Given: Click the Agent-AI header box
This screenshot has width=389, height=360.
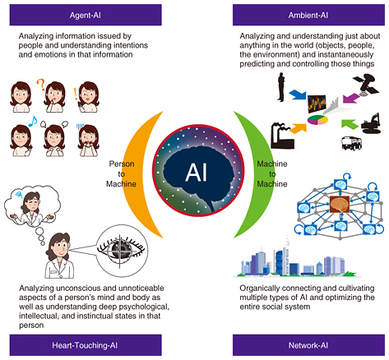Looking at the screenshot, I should (x=76, y=14).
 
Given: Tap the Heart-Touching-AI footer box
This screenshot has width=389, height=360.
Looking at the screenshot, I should (x=76, y=345).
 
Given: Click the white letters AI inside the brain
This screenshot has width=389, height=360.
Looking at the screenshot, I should (x=195, y=173).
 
